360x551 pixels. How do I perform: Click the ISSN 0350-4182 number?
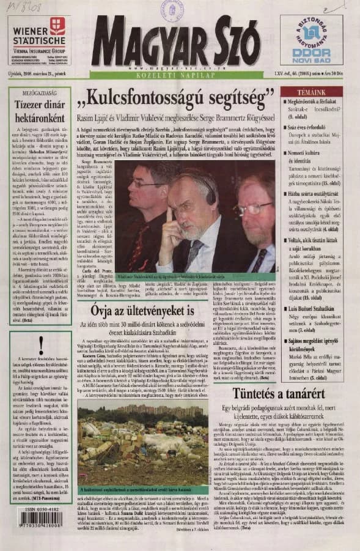[39, 507]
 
